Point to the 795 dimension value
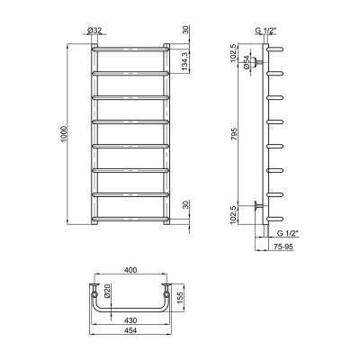[235, 133]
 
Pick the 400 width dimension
[131, 270]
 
